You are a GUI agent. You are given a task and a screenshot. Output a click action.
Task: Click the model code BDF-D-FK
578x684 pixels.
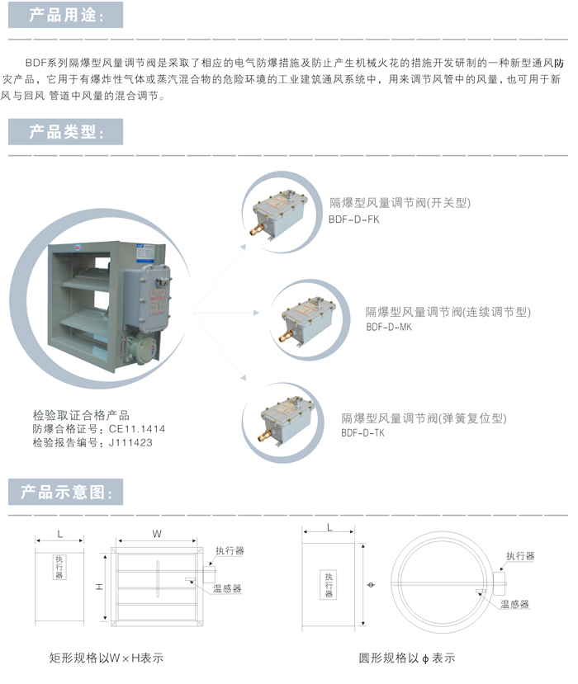point(354,219)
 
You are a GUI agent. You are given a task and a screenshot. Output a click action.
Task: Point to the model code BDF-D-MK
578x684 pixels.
point(389,327)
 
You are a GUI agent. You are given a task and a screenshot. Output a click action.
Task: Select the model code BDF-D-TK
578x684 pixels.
point(363,432)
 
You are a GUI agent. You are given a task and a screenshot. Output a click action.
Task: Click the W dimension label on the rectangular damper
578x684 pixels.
point(157,535)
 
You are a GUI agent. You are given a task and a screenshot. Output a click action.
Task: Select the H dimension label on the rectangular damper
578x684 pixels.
point(98,587)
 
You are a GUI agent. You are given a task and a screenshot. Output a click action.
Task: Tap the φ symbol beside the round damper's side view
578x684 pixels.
point(369,586)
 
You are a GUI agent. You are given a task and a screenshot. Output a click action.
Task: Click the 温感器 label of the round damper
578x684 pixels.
point(514,604)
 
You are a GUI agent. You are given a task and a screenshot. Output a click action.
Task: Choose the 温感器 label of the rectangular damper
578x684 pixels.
point(227,588)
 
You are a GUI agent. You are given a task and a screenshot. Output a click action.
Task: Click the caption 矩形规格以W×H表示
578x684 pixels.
point(107,658)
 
